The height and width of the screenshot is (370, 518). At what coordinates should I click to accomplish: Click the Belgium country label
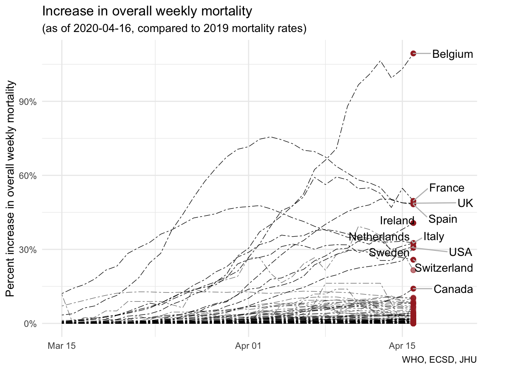coord(452,54)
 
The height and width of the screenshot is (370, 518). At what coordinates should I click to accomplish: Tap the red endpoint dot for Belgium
coord(413,53)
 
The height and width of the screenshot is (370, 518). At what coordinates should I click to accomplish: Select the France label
coord(447,188)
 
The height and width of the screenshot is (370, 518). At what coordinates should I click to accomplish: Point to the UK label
coord(465,203)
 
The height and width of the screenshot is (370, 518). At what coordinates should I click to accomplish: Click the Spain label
coord(443,219)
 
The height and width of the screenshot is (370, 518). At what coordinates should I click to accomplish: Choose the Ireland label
coord(397,220)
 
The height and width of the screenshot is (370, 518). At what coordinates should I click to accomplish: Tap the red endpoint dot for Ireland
coord(413,223)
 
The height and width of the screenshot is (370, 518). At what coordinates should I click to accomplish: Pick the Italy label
coord(434,236)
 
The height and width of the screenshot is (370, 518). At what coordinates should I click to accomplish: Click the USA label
coord(460,252)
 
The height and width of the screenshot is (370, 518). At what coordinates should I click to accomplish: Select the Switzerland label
coord(444,268)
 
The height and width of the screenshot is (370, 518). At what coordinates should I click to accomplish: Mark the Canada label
coord(453,289)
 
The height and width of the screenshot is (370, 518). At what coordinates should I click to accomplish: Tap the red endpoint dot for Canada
coord(413,288)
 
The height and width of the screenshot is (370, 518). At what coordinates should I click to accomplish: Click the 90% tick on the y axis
coord(28,102)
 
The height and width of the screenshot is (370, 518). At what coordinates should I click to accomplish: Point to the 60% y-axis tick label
coord(28,176)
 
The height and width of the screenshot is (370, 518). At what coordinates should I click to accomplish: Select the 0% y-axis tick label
coord(30,324)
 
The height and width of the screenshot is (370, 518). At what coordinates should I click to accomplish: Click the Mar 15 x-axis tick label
coord(62,346)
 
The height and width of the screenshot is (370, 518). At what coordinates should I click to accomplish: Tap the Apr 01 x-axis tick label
coord(248,346)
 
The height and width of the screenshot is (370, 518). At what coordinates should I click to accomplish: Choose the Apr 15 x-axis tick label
coord(402,346)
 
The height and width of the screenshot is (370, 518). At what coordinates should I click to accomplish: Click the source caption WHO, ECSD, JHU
coord(439,360)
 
